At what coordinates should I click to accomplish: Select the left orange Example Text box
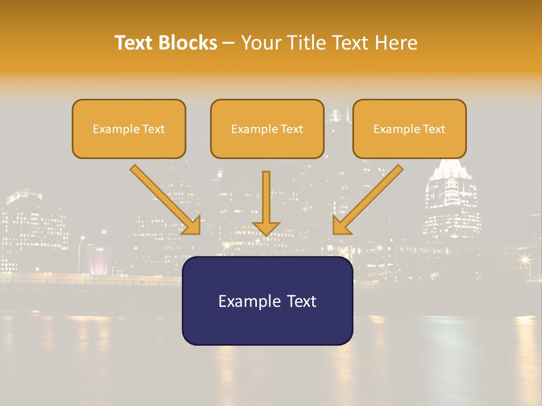click(129, 129)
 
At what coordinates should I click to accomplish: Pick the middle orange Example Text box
click(267, 129)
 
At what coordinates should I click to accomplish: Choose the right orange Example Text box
click(409, 129)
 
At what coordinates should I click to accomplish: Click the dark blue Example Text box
click(267, 301)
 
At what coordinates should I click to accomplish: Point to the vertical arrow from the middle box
click(266, 200)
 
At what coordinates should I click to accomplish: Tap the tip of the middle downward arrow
click(266, 233)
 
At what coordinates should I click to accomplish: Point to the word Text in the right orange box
click(434, 129)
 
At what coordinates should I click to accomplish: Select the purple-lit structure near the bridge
click(99, 261)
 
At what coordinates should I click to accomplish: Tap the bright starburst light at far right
click(525, 260)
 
